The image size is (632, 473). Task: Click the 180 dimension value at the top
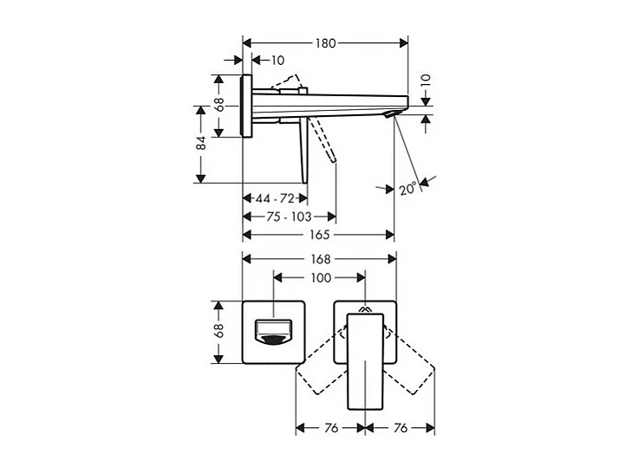(x=326, y=42)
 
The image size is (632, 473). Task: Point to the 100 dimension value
(x=321, y=278)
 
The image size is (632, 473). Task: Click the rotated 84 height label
(x=201, y=143)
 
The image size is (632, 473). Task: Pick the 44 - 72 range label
(x=275, y=198)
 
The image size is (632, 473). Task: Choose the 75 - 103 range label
(x=290, y=217)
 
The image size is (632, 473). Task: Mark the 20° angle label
(x=409, y=187)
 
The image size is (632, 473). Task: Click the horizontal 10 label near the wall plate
(x=277, y=60)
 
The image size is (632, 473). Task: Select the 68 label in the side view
(x=220, y=105)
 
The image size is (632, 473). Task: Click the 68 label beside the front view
(x=220, y=331)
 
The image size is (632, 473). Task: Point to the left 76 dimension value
(x=330, y=428)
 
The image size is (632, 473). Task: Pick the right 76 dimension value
(x=400, y=428)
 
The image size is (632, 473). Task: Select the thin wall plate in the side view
(x=247, y=105)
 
